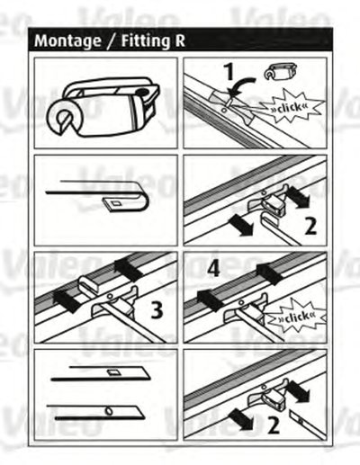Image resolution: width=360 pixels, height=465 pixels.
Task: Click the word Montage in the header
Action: click(67, 41)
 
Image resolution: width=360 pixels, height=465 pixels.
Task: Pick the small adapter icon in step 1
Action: click(280, 72)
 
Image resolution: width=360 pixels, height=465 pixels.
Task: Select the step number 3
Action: click(157, 310)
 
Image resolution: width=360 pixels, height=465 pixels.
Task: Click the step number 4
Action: click(213, 268)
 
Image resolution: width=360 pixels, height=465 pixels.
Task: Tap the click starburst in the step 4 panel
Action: click(296, 317)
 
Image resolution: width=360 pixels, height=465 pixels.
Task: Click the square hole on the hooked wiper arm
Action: click(115, 203)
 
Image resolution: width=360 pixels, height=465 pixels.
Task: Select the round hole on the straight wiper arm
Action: click(109, 411)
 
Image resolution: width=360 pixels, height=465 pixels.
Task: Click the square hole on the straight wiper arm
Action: click(113, 372)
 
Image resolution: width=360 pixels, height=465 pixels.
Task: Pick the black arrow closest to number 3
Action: click(127, 269)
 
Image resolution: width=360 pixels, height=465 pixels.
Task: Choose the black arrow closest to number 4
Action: click(211, 300)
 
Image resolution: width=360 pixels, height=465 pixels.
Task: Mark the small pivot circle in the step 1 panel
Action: click(223, 110)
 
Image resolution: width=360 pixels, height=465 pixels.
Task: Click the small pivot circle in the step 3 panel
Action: click(111, 296)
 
